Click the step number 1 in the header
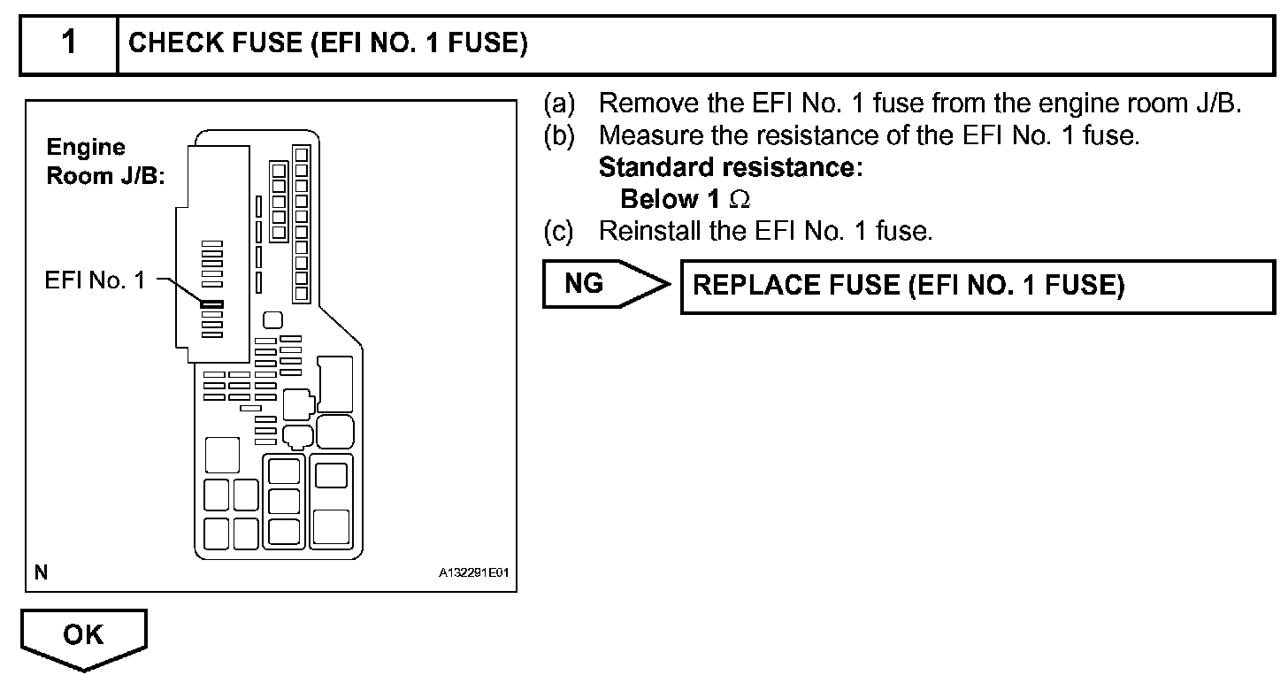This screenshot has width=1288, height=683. coord(68,43)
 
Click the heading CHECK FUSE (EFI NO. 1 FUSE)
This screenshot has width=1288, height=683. coord(328,43)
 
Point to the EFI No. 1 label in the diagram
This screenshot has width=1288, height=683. coord(94,281)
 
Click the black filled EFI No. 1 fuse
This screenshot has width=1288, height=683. coord(212,304)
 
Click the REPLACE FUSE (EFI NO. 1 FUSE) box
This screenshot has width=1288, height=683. coord(908,286)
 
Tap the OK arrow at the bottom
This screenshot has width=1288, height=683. coord(83,637)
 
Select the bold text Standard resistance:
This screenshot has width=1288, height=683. coord(730,167)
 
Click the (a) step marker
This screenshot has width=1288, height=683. coord(559,104)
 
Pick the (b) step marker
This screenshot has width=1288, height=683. coord(559,135)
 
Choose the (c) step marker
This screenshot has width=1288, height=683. coord(559,232)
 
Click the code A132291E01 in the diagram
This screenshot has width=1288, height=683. coord(473,573)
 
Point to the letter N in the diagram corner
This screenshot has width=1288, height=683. coord(41,573)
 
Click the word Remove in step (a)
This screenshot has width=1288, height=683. coord(637,104)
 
